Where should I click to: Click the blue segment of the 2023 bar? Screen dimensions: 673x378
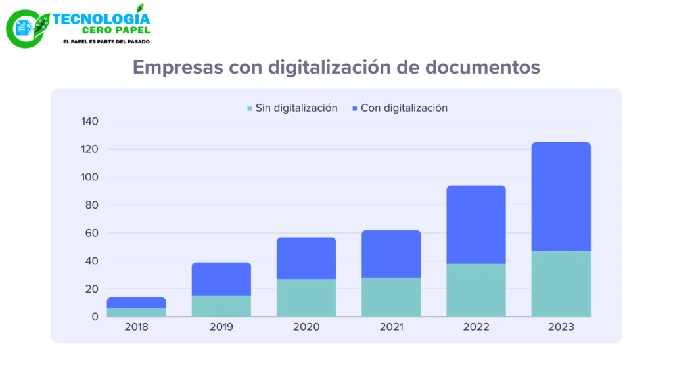click(x=561, y=197)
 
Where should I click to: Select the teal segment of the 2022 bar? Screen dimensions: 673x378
click(x=476, y=290)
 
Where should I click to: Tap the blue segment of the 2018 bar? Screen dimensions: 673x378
click(x=137, y=303)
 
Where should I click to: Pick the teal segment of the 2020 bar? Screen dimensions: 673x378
click(x=306, y=298)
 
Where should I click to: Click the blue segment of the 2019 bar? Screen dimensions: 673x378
click(x=221, y=279)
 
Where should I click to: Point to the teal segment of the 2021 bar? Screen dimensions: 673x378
click(x=391, y=297)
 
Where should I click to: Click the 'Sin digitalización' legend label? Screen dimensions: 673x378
click(x=296, y=108)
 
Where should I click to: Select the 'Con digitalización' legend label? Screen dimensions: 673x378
click(x=404, y=108)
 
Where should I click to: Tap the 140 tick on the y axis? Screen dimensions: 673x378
click(x=89, y=121)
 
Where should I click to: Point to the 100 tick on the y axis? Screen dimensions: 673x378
click(x=89, y=177)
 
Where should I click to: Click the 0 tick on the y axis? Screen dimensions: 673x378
click(x=95, y=317)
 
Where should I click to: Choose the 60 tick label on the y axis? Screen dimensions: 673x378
click(x=92, y=233)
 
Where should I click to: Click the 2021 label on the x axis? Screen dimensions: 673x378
click(x=391, y=327)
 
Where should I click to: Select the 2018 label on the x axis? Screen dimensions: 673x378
click(x=137, y=327)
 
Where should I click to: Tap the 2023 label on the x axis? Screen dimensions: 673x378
click(x=561, y=327)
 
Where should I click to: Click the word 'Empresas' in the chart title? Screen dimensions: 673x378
click(x=177, y=68)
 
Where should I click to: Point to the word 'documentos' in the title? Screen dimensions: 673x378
click(x=482, y=68)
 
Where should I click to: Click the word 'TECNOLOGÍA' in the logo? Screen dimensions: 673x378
click(x=101, y=19)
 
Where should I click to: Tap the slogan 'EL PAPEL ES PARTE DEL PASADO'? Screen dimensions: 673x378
click(x=106, y=41)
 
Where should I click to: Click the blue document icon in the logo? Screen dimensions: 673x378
click(x=24, y=29)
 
